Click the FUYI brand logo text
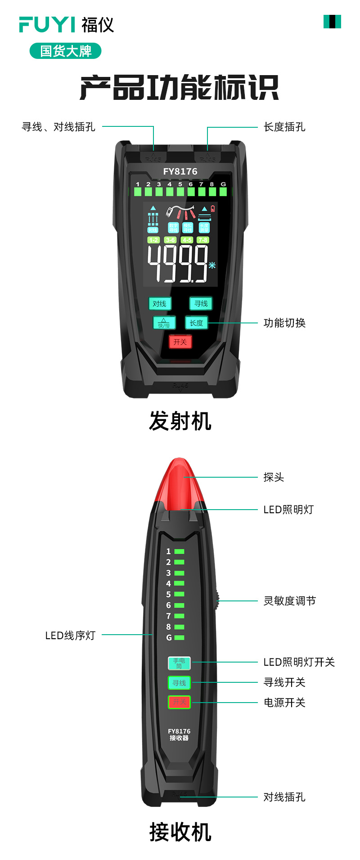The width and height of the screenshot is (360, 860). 47,24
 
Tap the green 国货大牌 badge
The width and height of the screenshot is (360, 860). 66,51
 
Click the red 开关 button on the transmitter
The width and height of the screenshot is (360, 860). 180,342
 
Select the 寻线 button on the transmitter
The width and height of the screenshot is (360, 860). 201,304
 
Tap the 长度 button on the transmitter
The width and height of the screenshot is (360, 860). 196,323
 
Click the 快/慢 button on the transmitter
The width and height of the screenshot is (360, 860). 164,323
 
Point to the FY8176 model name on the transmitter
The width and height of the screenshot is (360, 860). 180,171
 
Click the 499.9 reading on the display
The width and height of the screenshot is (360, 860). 178,264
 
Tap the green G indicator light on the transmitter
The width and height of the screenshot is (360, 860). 223,192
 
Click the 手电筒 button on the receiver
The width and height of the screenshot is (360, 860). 179,663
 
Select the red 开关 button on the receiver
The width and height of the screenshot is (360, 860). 179,702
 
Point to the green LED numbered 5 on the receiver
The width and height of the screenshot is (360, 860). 179,595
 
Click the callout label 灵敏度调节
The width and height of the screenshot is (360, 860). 289,601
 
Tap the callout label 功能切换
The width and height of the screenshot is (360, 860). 284,323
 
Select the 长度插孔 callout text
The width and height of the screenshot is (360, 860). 284,127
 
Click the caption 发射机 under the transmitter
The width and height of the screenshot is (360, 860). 180,421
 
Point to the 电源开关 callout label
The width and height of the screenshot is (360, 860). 284,703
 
